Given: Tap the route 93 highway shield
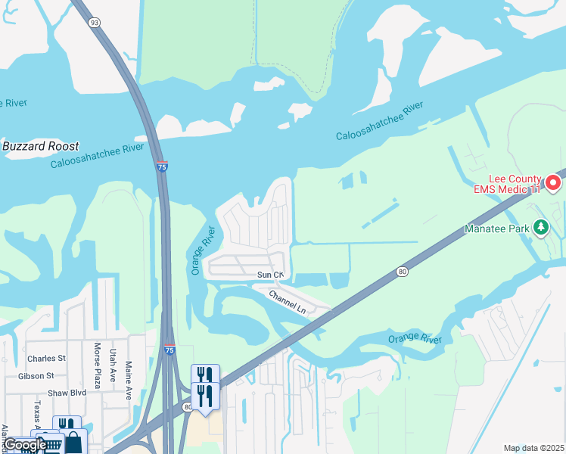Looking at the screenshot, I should tap(95, 23).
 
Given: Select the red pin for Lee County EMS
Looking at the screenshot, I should tap(553, 182).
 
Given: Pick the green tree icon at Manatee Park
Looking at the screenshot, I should tap(540, 226).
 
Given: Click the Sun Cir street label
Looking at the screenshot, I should tap(270, 274).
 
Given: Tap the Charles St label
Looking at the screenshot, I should tap(46, 358).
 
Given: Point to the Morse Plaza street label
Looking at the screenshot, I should tap(97, 365).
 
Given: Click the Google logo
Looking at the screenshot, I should tap(24, 445).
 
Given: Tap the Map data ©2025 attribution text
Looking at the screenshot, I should tap(533, 448).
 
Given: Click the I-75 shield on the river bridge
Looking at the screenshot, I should tap(162, 166).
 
